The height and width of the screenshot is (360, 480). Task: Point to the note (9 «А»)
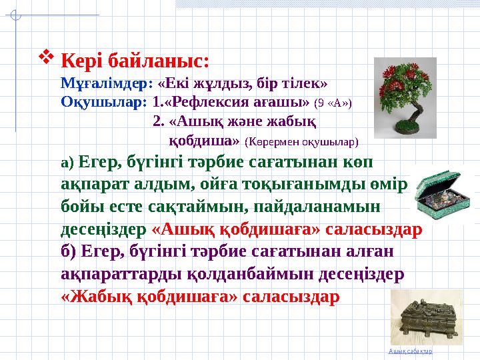point(333,103)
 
